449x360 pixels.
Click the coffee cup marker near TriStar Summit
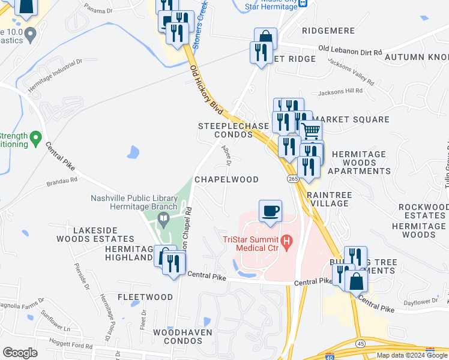point(270,211)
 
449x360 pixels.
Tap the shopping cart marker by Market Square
point(310,130)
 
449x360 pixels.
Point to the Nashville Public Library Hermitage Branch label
point(134,202)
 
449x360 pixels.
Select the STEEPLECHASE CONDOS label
point(226,130)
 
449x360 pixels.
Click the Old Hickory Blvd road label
point(206,89)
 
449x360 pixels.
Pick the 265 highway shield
point(292,179)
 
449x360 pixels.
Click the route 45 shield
point(360,343)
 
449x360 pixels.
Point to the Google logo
point(20,352)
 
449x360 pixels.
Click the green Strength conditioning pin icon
point(36,139)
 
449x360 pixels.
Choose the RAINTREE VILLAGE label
point(328,199)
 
